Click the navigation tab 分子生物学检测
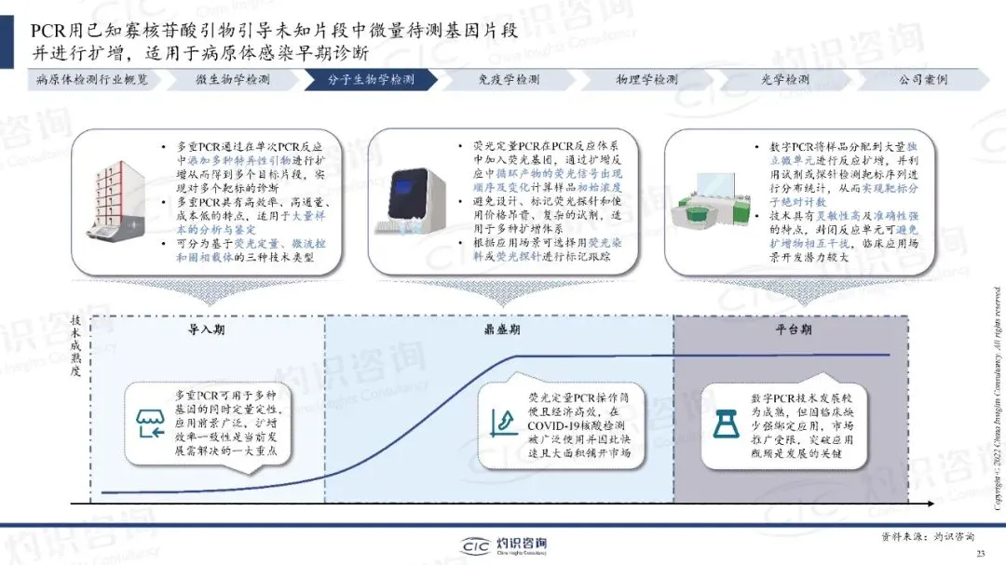[371, 80]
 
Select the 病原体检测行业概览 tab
[92, 80]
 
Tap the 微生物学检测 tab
[232, 80]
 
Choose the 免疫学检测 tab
[508, 80]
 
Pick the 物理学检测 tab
[646, 80]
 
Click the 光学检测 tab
[785, 80]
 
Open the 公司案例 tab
[922, 80]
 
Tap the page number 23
[980, 554]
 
